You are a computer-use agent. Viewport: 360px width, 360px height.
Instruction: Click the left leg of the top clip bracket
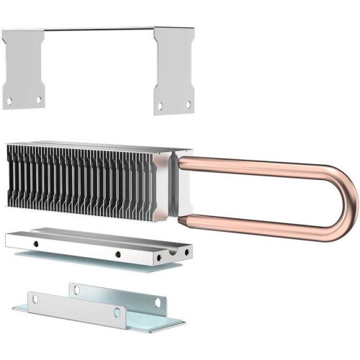click(24, 68)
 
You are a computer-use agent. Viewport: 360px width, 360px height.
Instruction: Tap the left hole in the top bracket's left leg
click(9, 101)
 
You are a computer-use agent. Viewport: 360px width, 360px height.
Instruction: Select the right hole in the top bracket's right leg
click(189, 104)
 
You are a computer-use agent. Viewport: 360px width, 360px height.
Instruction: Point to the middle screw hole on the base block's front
click(117, 253)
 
